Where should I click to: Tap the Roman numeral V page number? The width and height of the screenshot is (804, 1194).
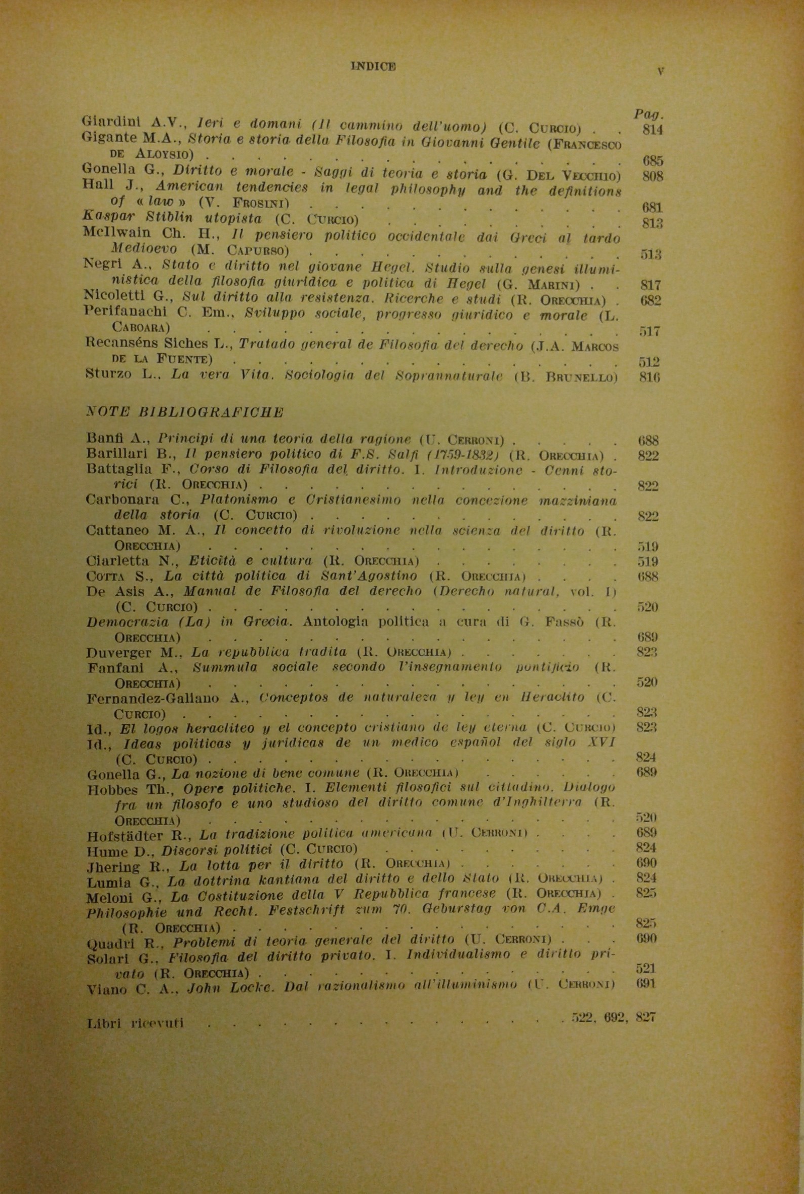point(660,71)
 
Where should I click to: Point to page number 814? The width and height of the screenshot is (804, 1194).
point(652,129)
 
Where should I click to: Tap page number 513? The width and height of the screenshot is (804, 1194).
point(651,254)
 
